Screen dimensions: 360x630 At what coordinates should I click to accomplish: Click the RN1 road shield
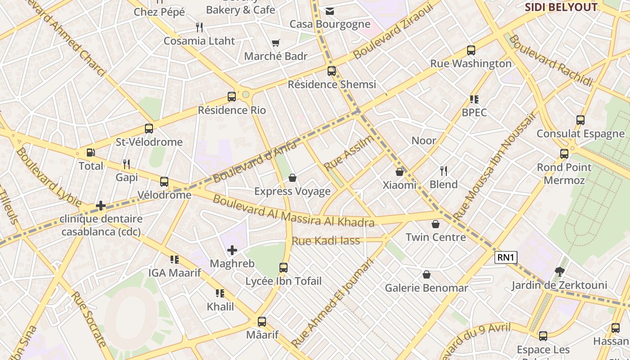[x=506, y=257]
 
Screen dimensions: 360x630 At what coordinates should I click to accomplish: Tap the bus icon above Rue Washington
[x=471, y=50]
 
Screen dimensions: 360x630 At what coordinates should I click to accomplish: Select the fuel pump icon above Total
[x=90, y=153]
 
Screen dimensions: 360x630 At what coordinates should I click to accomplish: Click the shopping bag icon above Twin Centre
[x=436, y=224]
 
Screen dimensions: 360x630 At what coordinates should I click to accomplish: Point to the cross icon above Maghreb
[x=232, y=250]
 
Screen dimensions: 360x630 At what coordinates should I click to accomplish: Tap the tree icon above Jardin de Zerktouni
[x=560, y=271]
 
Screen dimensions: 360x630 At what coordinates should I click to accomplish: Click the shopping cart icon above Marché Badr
[x=275, y=43]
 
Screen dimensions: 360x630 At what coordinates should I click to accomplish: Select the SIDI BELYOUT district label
[x=561, y=7]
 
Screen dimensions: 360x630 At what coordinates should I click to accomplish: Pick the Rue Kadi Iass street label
[x=326, y=241]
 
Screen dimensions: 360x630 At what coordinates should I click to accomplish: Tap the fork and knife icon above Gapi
[x=126, y=164]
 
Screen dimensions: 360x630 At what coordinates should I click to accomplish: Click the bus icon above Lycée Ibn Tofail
[x=283, y=268]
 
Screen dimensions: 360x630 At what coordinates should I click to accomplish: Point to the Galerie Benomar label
[x=426, y=288]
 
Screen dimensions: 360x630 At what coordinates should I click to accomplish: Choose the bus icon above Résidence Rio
[x=232, y=96]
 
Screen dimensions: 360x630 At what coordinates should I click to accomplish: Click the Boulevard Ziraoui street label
[x=392, y=30]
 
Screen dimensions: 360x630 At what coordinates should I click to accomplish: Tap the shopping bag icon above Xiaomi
[x=399, y=171]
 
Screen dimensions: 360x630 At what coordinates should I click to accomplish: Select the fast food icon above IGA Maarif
[x=175, y=259]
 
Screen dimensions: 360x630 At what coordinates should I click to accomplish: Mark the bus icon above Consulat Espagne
[x=580, y=120]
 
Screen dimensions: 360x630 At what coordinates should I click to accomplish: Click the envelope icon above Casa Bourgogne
[x=330, y=11]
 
